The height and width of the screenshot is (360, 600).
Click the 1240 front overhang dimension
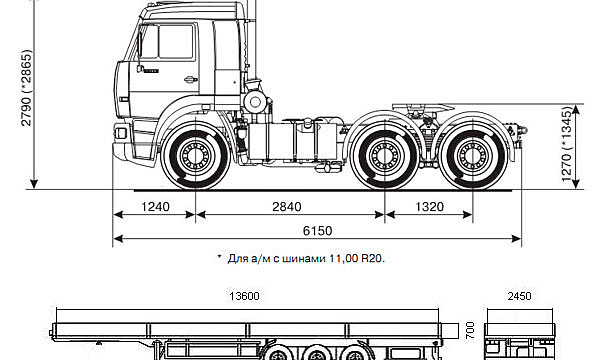point(155,207)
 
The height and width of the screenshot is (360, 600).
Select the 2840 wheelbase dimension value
point(287,207)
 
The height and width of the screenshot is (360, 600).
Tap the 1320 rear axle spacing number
point(429,207)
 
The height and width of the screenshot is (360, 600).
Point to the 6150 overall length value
point(318,231)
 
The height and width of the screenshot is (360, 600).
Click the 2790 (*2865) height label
point(27,88)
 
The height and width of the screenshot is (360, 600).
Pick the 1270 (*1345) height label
point(567,144)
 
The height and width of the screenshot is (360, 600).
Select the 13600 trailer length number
point(244,296)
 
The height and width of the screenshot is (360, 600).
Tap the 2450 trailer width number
point(519,296)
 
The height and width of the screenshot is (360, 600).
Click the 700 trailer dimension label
point(470,330)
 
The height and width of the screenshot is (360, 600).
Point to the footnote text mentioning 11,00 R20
point(301,259)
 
